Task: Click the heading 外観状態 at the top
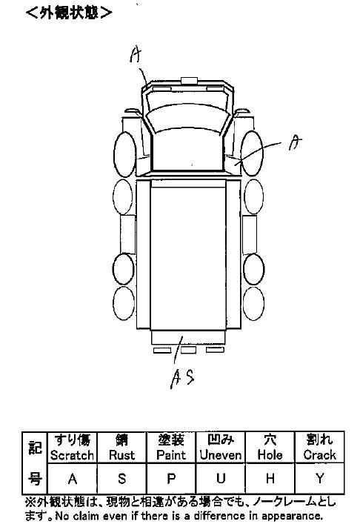69,13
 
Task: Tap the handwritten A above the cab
136,55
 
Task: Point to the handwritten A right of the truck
295,142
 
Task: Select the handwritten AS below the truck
182,379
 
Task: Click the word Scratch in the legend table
72,455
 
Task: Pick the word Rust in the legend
121,455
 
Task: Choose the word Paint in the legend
171,455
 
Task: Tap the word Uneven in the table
221,455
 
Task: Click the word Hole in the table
270,455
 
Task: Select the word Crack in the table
320,455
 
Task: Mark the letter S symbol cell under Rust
122,478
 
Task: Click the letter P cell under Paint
171,478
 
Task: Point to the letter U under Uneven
221,478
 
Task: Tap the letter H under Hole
270,478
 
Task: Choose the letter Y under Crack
320,478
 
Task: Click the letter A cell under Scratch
72,478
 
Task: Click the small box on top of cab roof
189,80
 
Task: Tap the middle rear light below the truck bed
188,350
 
